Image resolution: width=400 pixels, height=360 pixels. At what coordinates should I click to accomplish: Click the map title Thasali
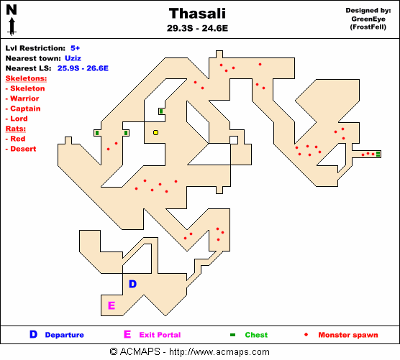click(197, 14)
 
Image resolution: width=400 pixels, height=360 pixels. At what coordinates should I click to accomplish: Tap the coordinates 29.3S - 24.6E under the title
click(197, 28)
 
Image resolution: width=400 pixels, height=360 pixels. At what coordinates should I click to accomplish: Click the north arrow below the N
click(12, 26)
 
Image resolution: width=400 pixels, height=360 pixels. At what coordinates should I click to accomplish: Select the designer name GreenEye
click(368, 19)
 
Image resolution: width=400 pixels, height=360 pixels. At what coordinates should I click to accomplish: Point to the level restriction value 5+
click(76, 48)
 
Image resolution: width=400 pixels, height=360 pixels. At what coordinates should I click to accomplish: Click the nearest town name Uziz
click(73, 58)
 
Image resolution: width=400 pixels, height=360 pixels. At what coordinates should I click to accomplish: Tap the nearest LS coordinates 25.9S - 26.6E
click(83, 68)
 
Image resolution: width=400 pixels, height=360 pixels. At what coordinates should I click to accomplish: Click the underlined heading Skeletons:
click(26, 78)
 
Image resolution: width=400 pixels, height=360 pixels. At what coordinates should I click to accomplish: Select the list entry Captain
click(25, 109)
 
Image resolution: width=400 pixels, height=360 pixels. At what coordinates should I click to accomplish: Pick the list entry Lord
click(19, 119)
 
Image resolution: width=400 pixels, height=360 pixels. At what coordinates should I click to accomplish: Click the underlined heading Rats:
click(16, 129)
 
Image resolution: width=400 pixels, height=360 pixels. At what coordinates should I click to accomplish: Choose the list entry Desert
click(23, 149)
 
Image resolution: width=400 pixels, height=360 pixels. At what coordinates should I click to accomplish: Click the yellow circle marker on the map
click(155, 132)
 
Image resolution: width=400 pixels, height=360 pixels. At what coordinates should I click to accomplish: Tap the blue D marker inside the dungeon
click(132, 284)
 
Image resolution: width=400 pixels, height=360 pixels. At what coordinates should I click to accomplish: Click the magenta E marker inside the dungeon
click(112, 305)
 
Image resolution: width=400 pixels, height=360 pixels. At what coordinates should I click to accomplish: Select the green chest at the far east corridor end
click(378, 154)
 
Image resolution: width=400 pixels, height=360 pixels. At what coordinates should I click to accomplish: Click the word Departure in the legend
click(64, 335)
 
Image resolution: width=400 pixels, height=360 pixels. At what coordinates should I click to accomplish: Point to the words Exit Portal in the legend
click(160, 335)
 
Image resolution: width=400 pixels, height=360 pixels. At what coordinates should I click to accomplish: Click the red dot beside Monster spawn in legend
click(306, 335)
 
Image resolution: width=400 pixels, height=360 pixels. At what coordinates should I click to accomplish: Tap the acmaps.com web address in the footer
click(219, 352)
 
